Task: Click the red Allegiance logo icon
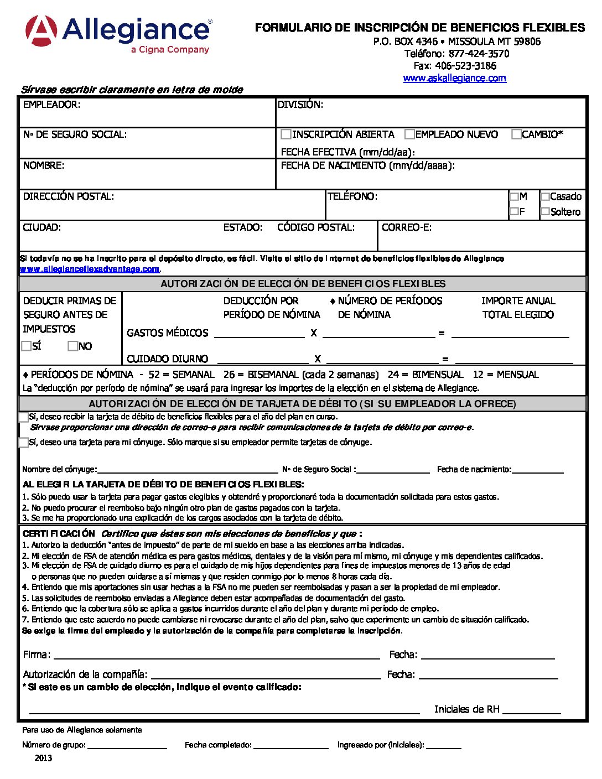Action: [x=41, y=30]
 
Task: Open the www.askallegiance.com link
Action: [x=454, y=78]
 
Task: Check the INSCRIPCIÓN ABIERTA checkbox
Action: [x=286, y=134]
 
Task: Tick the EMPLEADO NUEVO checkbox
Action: [x=409, y=134]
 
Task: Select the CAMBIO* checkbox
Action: [x=516, y=134]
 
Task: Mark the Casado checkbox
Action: [x=545, y=196]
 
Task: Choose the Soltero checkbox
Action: [x=545, y=211]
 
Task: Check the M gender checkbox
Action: [x=514, y=196]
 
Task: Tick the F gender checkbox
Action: [x=514, y=211]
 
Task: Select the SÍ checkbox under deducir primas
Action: [x=27, y=346]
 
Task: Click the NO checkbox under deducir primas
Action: [x=72, y=346]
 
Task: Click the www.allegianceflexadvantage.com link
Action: [x=90, y=269]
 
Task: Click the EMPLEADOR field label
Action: [x=51, y=105]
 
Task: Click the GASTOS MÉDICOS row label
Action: [x=167, y=333]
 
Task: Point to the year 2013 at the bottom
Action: [x=43, y=758]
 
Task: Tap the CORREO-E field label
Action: [x=407, y=227]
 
